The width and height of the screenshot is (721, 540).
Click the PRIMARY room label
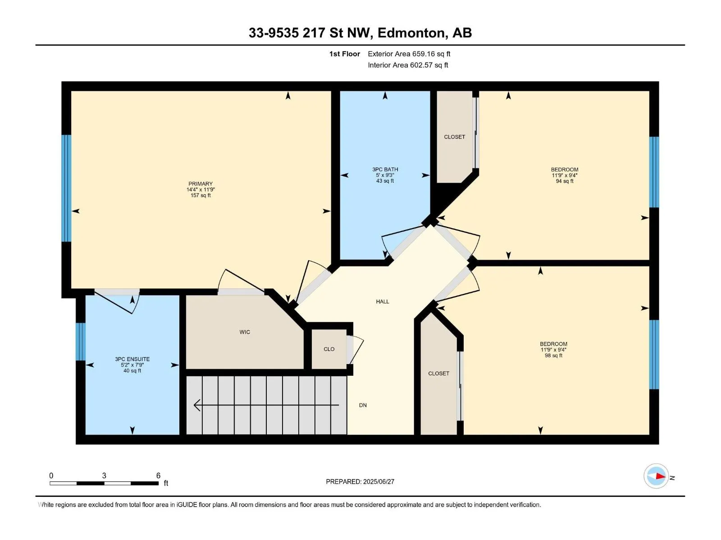[x=201, y=184]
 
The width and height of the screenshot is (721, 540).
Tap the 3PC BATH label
[x=385, y=170]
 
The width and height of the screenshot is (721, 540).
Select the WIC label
[x=245, y=332]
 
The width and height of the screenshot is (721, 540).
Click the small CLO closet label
[x=329, y=349]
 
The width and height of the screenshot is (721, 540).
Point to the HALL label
[x=382, y=301]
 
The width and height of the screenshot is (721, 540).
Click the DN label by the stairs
[x=363, y=405]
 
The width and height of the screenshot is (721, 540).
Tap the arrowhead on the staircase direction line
[x=197, y=405]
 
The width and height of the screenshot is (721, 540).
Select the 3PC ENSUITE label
[x=132, y=360]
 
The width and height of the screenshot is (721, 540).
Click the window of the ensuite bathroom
[x=81, y=342]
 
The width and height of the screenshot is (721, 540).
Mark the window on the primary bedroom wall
[x=66, y=188]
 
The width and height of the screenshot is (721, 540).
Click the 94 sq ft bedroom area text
[x=564, y=181]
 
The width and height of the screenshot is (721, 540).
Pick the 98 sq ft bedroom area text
[x=553, y=355]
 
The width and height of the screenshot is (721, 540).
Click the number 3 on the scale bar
[x=104, y=476]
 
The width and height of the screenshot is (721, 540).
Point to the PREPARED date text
[x=360, y=481]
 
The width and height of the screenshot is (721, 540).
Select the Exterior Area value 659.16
[x=424, y=54]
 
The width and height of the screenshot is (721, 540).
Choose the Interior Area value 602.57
[x=421, y=65]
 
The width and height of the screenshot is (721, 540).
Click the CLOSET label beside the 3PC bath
[x=454, y=137]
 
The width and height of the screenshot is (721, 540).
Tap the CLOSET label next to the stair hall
[x=438, y=373]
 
